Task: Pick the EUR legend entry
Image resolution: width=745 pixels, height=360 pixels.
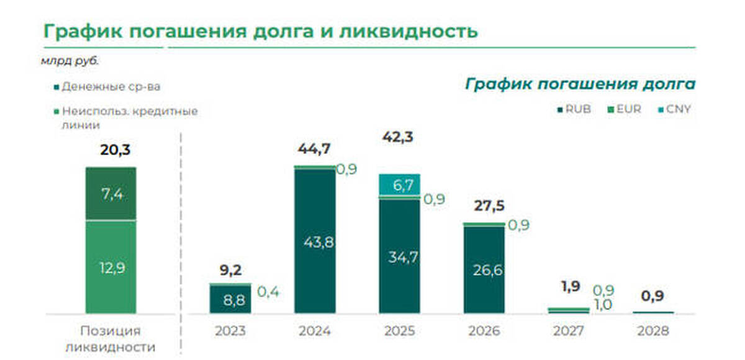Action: click(626, 109)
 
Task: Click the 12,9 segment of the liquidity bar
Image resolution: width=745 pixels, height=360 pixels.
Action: click(110, 267)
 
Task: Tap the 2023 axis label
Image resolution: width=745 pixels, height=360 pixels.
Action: click(230, 331)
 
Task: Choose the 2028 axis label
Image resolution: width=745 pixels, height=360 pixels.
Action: click(653, 331)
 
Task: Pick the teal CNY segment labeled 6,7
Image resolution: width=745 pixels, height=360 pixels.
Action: click(399, 184)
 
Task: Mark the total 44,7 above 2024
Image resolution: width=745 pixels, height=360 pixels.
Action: click(315, 148)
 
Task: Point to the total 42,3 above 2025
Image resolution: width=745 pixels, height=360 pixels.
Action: click(399, 137)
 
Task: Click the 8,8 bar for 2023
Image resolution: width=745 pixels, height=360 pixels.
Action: click(230, 300)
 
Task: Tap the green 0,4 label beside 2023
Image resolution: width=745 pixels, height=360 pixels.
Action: click(269, 290)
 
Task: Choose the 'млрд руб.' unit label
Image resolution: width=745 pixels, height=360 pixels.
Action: click(70, 61)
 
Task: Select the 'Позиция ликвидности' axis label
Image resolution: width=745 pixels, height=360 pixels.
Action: click(111, 338)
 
